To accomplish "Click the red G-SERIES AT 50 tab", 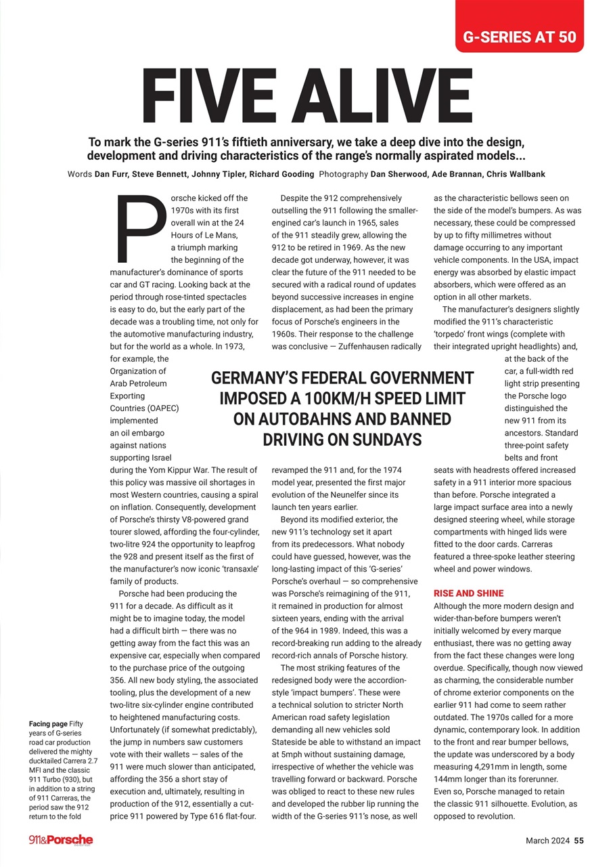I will tap(519, 36).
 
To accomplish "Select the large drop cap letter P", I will tap(141, 229).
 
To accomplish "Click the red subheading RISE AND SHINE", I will tap(468, 593).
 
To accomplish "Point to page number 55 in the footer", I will tap(578, 841).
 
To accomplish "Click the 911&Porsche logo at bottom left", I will tap(61, 840).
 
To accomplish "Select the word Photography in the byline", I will tap(343, 174).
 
